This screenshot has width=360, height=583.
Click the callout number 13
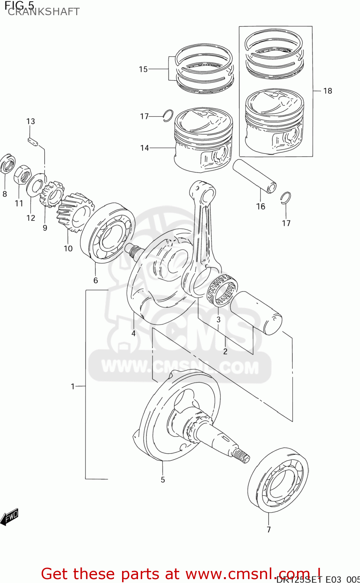[31, 121]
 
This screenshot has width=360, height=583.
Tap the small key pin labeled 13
[33, 141]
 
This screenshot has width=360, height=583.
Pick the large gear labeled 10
[75, 213]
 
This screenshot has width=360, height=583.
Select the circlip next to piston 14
[168, 115]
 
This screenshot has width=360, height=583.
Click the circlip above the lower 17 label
[286, 197]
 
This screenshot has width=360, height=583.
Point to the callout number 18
[328, 91]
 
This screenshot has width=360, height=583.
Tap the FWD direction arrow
[9, 517]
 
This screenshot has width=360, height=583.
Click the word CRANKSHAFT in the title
[44, 12]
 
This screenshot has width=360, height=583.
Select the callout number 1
[73, 386]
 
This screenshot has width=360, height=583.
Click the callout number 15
[143, 69]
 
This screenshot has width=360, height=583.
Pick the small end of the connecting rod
[202, 192]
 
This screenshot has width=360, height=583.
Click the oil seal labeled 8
[6, 164]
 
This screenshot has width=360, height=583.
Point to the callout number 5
[163, 480]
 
